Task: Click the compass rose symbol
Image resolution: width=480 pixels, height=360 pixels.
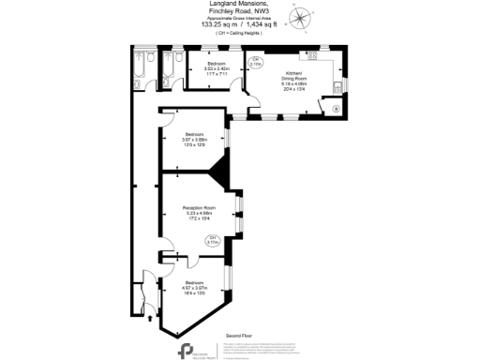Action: [x=300, y=16]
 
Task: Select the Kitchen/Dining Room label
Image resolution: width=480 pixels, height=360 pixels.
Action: [x=295, y=79]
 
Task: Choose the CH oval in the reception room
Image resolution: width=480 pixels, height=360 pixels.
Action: [x=213, y=240]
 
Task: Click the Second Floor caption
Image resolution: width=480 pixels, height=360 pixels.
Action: [x=239, y=335]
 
